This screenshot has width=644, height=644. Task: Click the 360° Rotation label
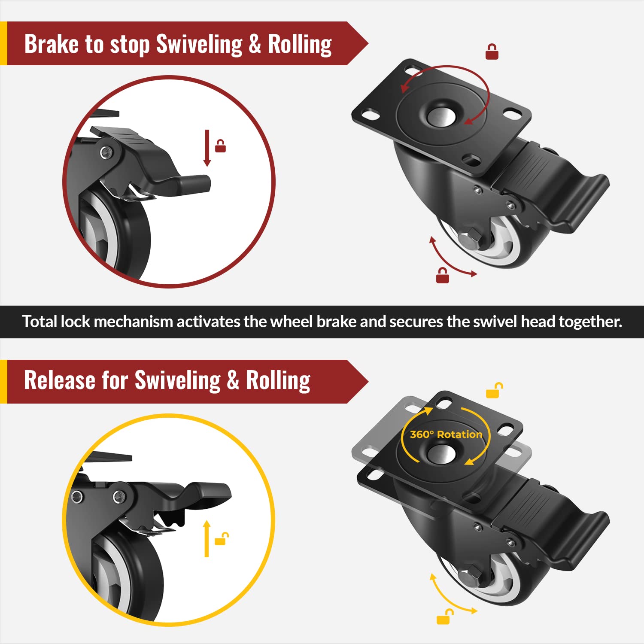click(x=446, y=434)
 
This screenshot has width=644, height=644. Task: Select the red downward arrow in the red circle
click(x=207, y=148)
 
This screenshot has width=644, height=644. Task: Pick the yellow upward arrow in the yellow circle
click(x=207, y=539)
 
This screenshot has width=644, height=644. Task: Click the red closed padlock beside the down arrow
click(x=221, y=146)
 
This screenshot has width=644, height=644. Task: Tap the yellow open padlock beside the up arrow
click(x=221, y=538)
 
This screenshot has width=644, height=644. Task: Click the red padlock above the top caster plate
click(x=492, y=52)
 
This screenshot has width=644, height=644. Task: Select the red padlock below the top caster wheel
click(x=443, y=276)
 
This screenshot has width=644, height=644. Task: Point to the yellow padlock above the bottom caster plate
click(x=494, y=391)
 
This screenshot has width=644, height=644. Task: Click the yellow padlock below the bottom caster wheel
click(x=444, y=617)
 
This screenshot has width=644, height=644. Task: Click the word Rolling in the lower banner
click(x=278, y=380)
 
